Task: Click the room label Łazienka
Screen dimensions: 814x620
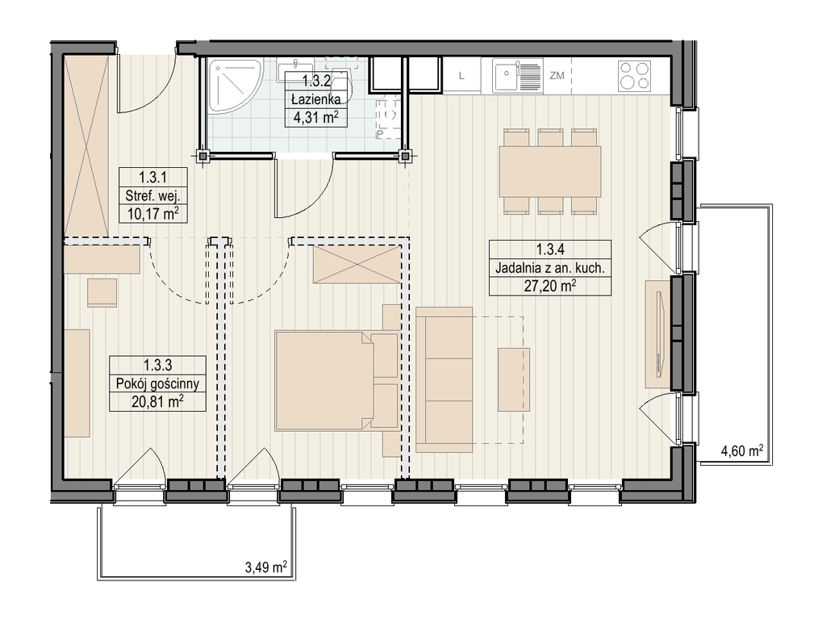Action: [x=315, y=99]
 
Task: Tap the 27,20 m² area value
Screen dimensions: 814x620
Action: [x=549, y=287]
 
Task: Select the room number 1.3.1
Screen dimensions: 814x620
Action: [x=152, y=178]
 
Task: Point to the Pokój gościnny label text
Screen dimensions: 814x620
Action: [x=157, y=384]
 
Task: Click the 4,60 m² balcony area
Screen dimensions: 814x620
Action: [x=742, y=450]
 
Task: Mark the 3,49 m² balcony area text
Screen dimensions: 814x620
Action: [x=265, y=567]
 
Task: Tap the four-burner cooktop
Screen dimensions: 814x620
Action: [x=634, y=76]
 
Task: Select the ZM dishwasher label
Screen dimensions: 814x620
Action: [x=557, y=76]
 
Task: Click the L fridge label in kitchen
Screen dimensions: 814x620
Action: [x=461, y=76]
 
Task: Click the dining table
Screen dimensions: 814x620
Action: [x=550, y=171]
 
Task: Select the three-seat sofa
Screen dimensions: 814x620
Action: [x=445, y=379]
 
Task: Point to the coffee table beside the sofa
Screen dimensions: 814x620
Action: [x=514, y=379]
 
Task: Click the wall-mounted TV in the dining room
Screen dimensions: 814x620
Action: [x=661, y=334]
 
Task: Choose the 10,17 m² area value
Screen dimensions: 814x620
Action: [x=152, y=214]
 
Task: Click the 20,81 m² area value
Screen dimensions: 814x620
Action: [x=157, y=402]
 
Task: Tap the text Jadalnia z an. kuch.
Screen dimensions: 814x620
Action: [x=549, y=268]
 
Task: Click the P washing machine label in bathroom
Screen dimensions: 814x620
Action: [x=380, y=134]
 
